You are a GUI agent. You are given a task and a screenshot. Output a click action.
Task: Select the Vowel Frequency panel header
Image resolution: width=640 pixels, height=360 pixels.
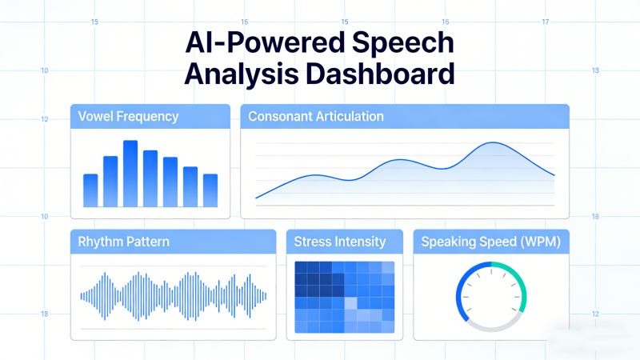click(x=128, y=117)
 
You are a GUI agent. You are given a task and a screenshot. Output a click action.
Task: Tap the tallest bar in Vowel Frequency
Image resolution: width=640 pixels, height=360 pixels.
click(x=130, y=173)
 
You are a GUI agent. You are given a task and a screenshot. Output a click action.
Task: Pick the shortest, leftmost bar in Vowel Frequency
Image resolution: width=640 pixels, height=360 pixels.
click(x=90, y=190)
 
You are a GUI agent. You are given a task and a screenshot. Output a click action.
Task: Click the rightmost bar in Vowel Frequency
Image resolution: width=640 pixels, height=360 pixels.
click(x=210, y=190)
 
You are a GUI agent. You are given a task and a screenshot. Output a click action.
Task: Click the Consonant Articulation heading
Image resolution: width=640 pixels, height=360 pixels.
click(x=316, y=117)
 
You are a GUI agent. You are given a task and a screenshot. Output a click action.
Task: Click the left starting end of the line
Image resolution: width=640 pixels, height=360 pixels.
click(x=257, y=197)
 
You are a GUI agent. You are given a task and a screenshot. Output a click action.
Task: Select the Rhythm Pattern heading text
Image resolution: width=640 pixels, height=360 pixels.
click(x=123, y=241)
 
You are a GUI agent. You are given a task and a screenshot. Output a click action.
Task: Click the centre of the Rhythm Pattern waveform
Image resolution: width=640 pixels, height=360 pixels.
click(x=173, y=295)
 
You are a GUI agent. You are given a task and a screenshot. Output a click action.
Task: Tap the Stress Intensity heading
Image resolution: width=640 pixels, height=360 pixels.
click(x=340, y=241)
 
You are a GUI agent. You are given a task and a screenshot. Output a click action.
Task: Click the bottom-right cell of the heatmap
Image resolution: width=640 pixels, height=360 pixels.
click(x=388, y=326)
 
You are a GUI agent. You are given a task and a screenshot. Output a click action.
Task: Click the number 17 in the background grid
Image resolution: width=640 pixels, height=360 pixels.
click(x=545, y=22)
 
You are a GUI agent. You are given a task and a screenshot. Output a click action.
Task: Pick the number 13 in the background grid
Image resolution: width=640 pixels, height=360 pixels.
click(x=595, y=71)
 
